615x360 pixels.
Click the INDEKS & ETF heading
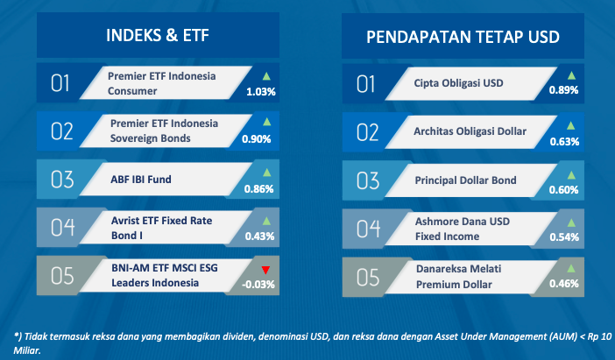(x=158, y=35)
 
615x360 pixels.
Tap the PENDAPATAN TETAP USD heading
(x=463, y=37)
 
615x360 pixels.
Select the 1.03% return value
(x=261, y=92)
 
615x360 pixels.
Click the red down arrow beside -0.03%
(x=265, y=270)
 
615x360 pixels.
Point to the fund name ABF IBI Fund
(x=141, y=180)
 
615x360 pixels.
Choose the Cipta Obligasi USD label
(x=458, y=83)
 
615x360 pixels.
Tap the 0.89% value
(x=563, y=90)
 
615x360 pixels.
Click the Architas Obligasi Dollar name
(x=470, y=131)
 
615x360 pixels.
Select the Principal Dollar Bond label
(x=465, y=180)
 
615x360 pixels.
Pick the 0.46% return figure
(x=563, y=284)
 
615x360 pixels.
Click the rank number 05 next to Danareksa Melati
(x=368, y=278)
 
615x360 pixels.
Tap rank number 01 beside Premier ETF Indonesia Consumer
(x=60, y=83)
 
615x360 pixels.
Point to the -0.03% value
(x=258, y=285)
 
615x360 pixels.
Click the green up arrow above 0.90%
(x=266, y=122)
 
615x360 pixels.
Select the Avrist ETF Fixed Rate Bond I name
(x=161, y=228)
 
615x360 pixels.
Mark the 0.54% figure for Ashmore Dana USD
(x=564, y=237)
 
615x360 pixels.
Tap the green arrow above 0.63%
(x=570, y=125)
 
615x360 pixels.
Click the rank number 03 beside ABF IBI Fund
(x=62, y=180)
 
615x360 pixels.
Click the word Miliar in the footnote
(x=27, y=350)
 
